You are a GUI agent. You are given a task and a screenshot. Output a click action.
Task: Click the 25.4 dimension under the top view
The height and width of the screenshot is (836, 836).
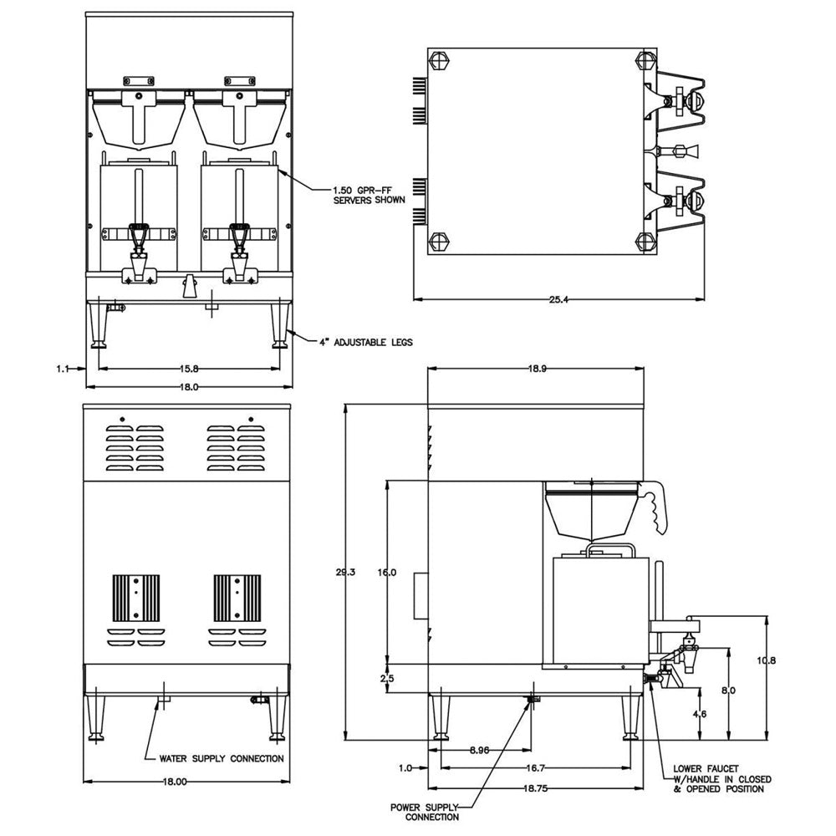point(558,299)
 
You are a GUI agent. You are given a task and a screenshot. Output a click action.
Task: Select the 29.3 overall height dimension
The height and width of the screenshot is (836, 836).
point(345,572)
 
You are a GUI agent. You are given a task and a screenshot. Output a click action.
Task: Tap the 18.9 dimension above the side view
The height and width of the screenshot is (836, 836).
point(537,369)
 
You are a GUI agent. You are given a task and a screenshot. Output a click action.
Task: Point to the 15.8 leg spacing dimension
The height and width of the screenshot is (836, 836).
point(189,369)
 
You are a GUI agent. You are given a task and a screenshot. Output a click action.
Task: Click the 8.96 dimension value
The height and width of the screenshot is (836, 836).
point(479,750)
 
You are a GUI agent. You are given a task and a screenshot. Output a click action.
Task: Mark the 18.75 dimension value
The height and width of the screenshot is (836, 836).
point(535,788)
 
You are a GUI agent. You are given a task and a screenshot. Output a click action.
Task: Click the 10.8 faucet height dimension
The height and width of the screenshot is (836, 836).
point(766,660)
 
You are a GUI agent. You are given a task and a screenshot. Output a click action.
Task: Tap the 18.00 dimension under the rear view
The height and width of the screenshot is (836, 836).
point(175,782)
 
